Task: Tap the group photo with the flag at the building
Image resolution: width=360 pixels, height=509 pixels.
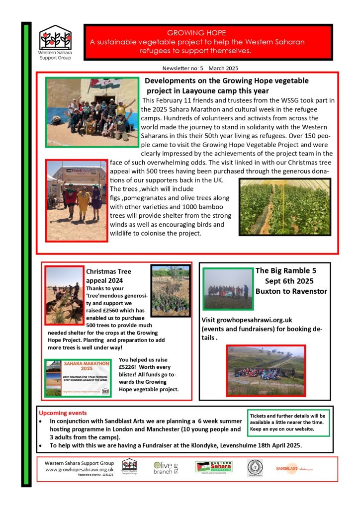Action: point(92,112)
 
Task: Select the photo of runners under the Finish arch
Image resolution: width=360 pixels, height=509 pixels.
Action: point(77,200)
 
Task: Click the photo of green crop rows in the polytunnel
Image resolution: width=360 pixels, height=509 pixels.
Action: point(285,207)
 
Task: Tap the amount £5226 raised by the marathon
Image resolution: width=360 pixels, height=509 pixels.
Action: point(131,368)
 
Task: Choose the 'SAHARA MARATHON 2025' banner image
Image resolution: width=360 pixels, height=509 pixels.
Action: point(78,377)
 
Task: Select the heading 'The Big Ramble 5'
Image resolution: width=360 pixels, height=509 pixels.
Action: point(285,271)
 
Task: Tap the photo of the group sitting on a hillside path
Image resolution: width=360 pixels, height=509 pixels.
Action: point(266,370)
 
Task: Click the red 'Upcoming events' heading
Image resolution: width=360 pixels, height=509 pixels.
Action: point(63,413)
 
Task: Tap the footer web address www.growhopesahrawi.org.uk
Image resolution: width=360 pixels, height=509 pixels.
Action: point(80,469)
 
